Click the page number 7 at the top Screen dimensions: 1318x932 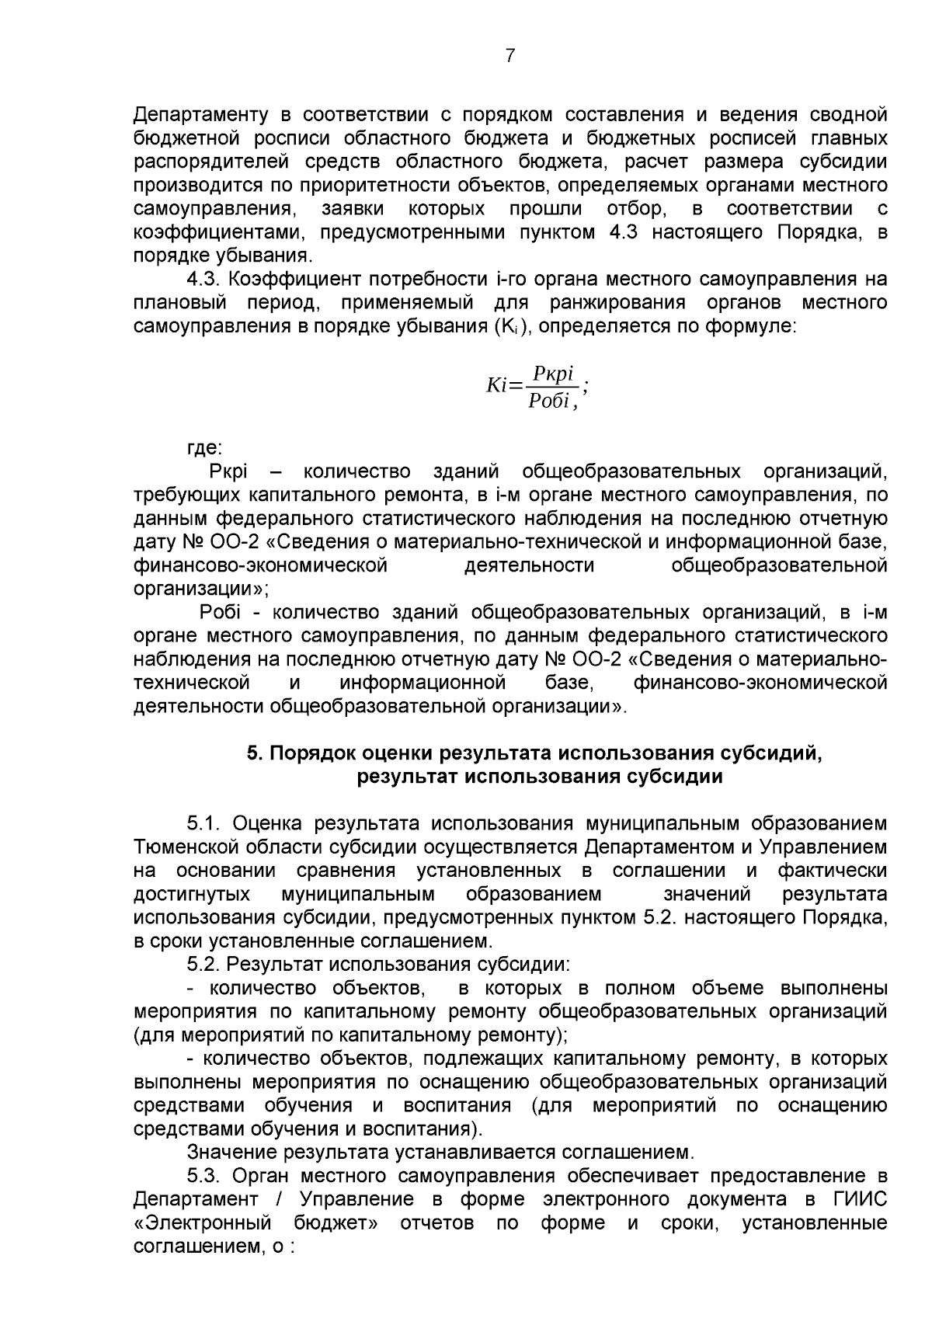(x=510, y=56)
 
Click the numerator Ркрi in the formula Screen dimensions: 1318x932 (x=552, y=374)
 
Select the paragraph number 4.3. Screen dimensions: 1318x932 (x=205, y=280)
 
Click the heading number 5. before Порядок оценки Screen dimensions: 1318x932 (x=254, y=753)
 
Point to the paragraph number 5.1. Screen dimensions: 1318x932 (x=205, y=823)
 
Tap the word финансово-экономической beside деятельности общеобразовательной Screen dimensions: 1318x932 (x=260, y=565)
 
